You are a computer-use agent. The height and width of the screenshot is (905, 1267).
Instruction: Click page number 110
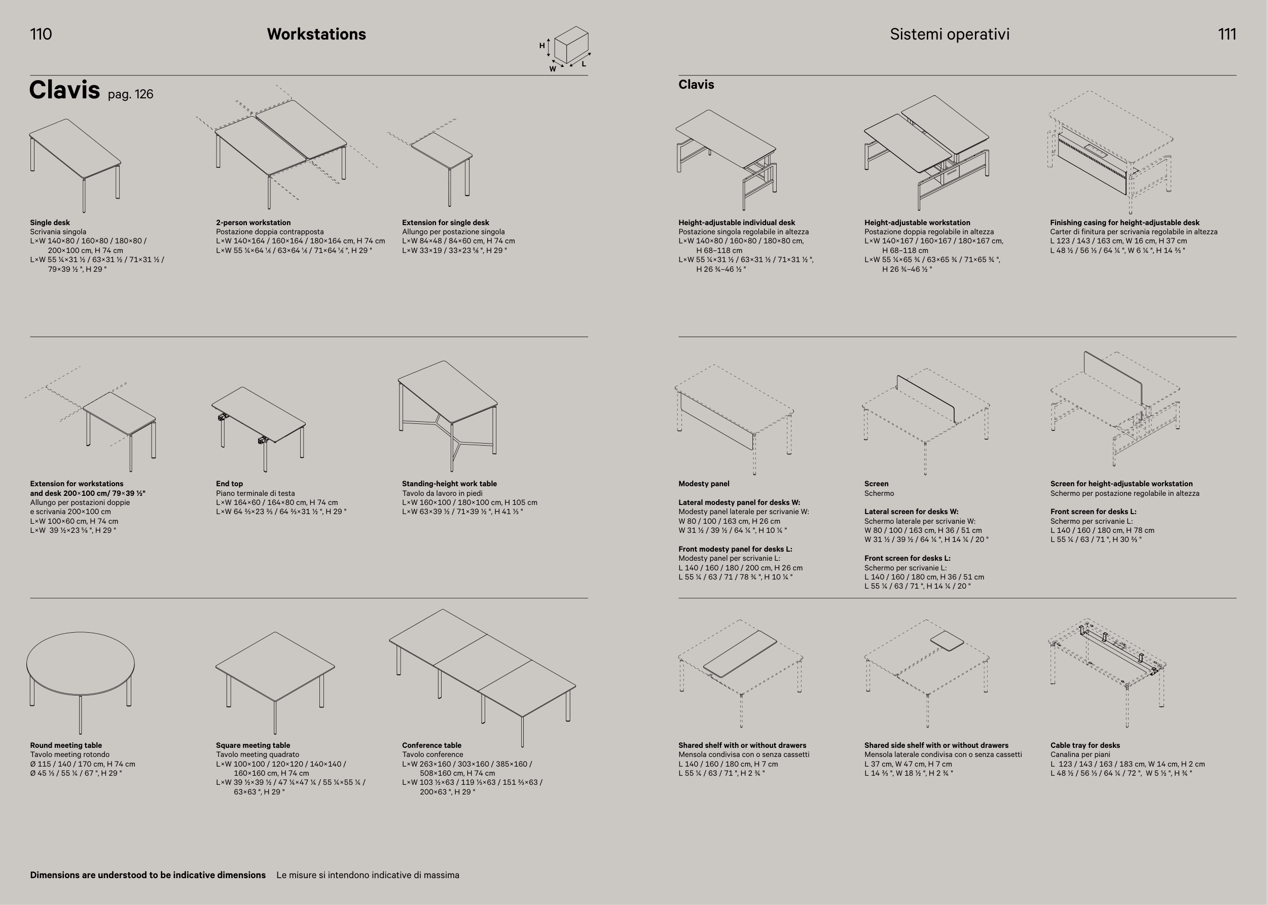click(41, 34)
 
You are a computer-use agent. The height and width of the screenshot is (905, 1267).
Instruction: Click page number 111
click(1227, 34)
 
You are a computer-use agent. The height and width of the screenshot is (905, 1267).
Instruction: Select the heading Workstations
click(316, 34)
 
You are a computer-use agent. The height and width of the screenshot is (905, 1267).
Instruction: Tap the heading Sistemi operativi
click(950, 34)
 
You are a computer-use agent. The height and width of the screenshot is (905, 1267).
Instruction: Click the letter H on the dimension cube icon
click(541, 46)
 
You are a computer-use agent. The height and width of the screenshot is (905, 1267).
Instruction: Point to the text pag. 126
click(130, 94)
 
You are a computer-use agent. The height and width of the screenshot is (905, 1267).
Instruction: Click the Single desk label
click(50, 223)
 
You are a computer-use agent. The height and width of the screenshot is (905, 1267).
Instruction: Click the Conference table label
click(431, 745)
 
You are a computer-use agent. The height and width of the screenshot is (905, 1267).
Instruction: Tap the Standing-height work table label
click(449, 484)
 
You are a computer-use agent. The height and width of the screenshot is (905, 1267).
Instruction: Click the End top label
click(229, 484)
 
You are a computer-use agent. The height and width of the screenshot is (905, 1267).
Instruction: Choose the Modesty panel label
click(703, 484)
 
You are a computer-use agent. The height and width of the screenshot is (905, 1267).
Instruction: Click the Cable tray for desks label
click(1085, 745)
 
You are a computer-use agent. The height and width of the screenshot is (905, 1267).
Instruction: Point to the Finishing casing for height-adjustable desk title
click(1125, 223)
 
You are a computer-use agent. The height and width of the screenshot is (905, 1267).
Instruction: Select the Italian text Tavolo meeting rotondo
click(69, 754)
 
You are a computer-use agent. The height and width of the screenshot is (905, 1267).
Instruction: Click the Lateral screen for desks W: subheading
click(911, 512)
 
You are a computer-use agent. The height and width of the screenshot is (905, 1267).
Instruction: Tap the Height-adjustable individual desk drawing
click(726, 159)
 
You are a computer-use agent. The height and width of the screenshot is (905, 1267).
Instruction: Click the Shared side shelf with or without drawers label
click(936, 745)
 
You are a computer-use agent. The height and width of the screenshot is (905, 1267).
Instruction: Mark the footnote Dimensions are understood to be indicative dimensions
click(148, 875)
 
